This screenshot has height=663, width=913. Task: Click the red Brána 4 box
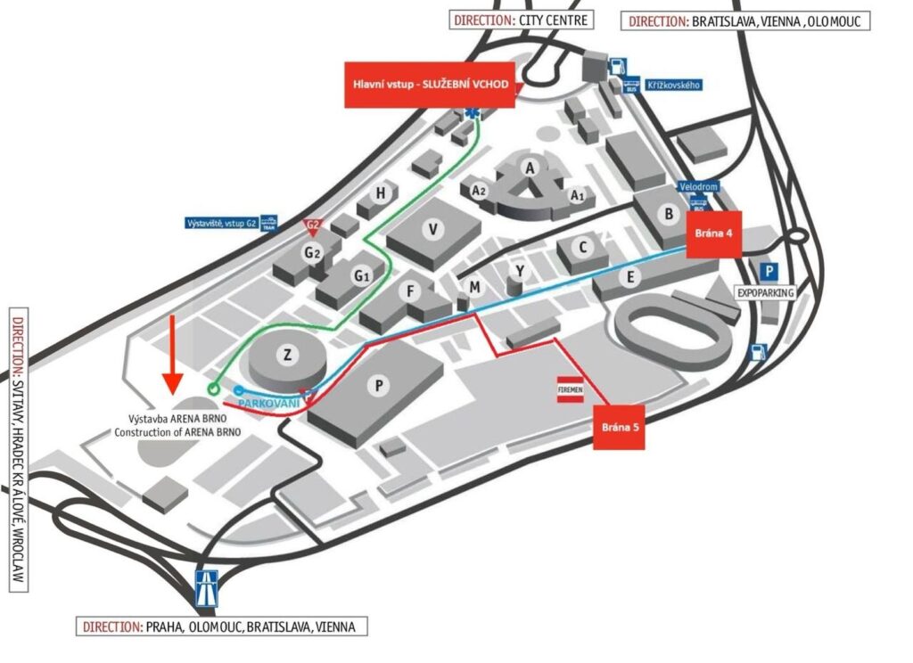(713, 234)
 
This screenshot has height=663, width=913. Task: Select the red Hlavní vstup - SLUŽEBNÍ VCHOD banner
(431, 86)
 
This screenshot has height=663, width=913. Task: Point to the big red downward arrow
(173, 353)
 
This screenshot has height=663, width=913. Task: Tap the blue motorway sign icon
(207, 588)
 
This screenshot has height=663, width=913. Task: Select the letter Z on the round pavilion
(287, 355)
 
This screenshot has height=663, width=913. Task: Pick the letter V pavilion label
(433, 229)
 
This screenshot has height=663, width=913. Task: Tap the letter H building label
(381, 192)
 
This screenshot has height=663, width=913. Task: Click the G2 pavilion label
(311, 253)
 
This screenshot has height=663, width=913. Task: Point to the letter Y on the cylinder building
(519, 270)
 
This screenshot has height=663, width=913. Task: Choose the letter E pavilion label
(630, 278)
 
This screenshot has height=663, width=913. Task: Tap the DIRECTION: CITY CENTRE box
(520, 19)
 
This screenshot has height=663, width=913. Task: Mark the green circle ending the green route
(212, 389)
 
